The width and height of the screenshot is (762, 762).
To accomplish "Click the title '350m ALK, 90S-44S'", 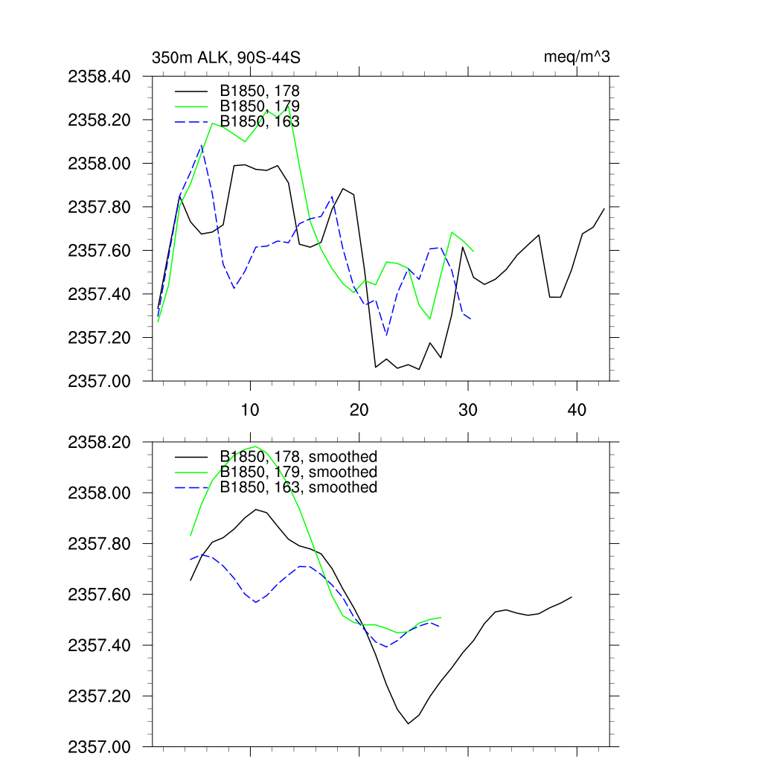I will coord(225,57).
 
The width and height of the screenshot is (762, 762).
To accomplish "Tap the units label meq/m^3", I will coord(577,57).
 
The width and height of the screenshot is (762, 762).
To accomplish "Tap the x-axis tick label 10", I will coord(250,409).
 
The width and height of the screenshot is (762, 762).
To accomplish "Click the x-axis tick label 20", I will coord(359,409).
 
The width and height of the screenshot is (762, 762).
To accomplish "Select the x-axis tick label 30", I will coord(468,409).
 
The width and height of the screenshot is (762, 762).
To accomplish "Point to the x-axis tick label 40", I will coord(577,409).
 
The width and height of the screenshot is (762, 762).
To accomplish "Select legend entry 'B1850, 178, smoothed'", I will coord(298,456).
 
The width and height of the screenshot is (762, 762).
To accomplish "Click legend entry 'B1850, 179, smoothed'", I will coord(298,472).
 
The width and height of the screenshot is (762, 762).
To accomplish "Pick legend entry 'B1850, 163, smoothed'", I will coord(298,487).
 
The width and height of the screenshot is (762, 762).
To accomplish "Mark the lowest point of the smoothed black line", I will coord(408,723).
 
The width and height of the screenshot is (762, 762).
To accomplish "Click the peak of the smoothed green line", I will coord(256,446).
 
